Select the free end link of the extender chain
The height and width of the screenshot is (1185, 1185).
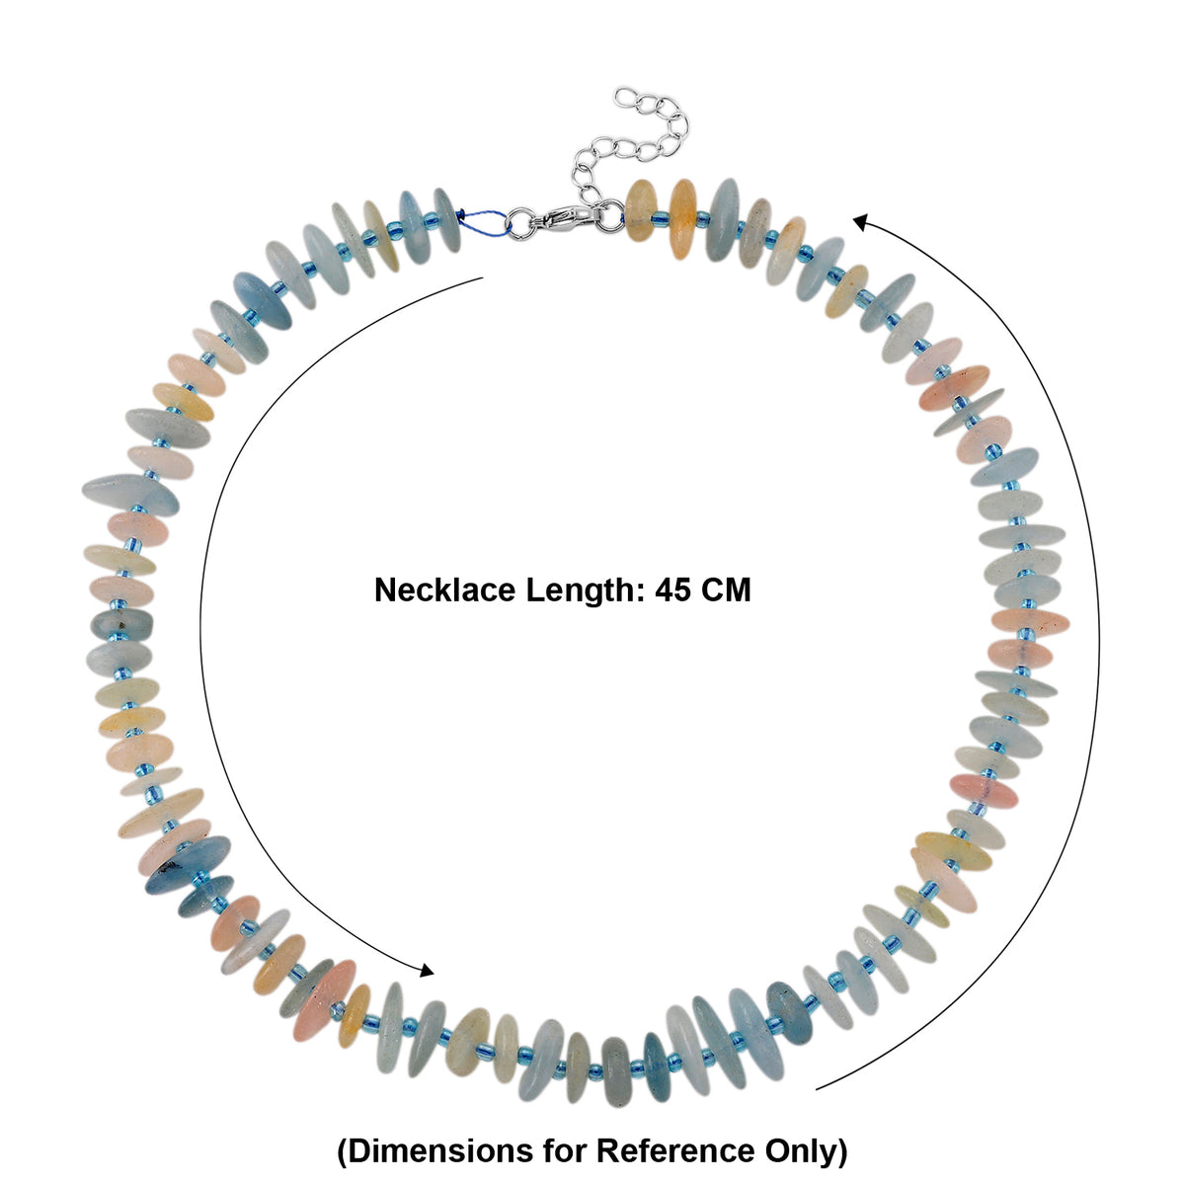[x=627, y=97]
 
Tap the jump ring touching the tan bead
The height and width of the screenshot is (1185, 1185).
[x=610, y=215]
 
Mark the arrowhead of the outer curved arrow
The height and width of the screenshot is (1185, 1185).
[x=861, y=221]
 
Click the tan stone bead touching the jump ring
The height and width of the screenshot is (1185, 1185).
[x=641, y=210]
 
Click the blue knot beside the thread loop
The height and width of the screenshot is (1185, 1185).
[x=459, y=214]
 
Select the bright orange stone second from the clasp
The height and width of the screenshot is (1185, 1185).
[x=682, y=210]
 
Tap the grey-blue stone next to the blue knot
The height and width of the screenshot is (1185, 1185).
[x=446, y=219]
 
